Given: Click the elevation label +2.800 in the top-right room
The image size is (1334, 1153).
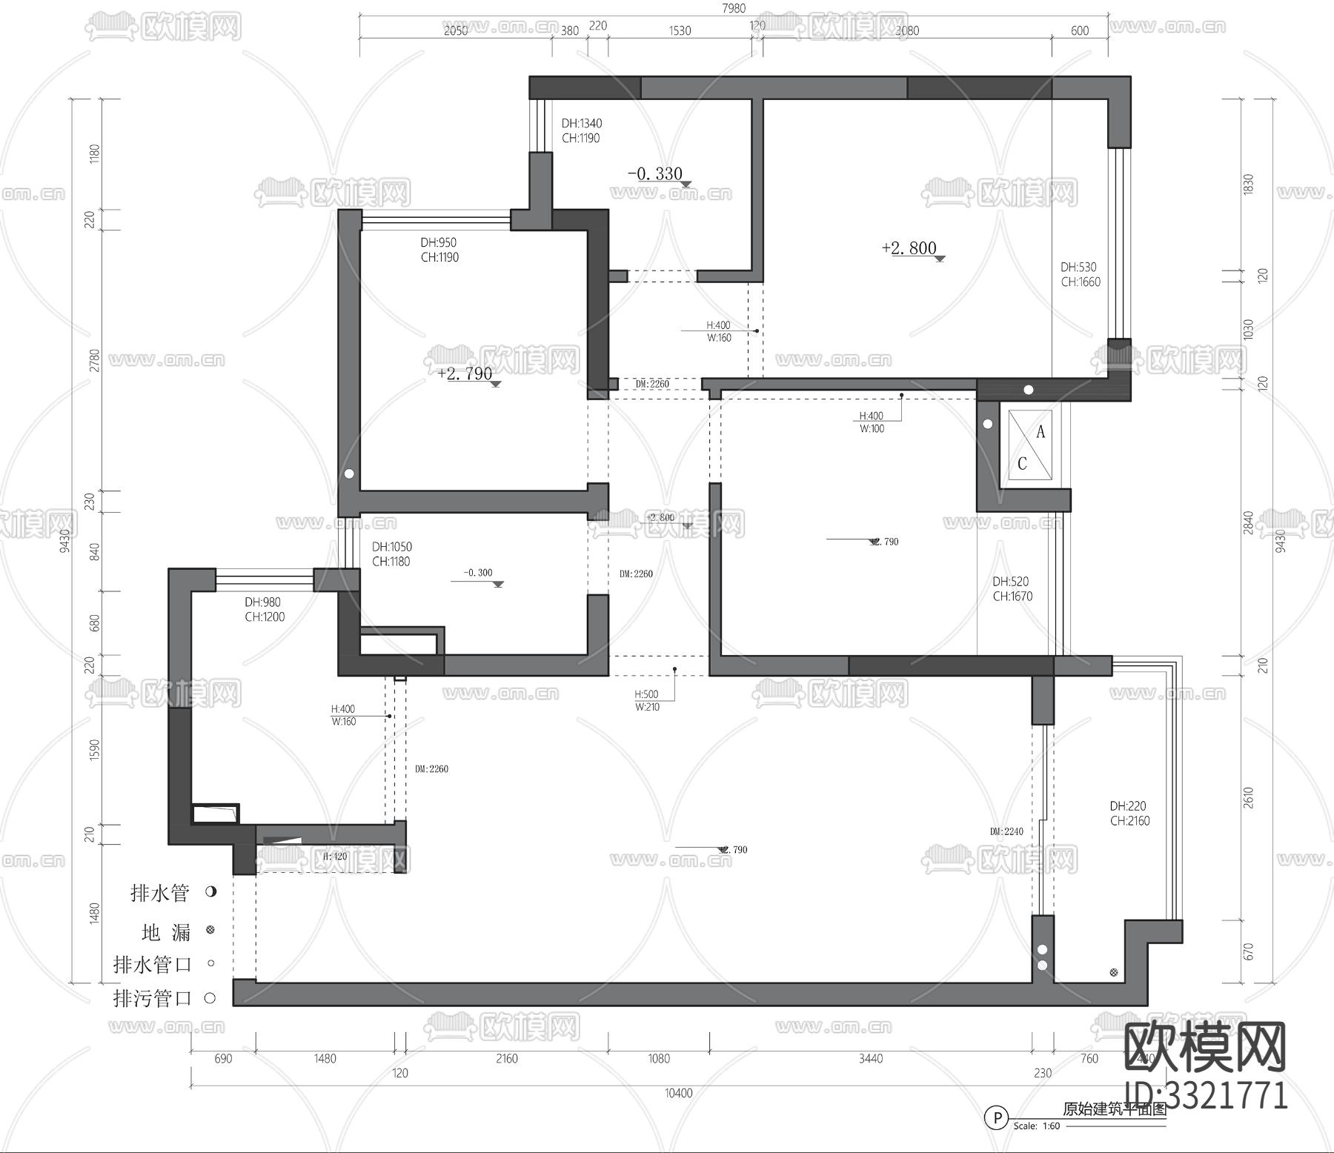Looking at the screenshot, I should click(x=909, y=248).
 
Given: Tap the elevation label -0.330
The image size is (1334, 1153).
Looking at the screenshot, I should click(x=655, y=174).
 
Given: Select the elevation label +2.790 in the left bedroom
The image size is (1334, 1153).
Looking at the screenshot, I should click(x=465, y=373).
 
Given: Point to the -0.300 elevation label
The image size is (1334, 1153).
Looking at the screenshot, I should click(x=478, y=573).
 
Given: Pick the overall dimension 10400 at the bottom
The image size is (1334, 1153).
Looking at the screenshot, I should click(x=679, y=1093).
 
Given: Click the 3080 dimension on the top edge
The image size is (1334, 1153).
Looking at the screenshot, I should click(x=907, y=30).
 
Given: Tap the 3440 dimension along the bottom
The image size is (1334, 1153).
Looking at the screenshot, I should click(x=871, y=1059).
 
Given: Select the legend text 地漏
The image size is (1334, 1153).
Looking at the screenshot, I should click(x=166, y=931).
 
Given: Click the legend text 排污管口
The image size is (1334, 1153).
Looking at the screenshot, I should click(x=153, y=998).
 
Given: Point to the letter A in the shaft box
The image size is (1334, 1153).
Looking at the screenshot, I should click(x=1041, y=432).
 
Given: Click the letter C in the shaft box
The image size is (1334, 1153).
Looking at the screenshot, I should click(x=1022, y=464).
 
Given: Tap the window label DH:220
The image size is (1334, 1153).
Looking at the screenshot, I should click(x=1128, y=806).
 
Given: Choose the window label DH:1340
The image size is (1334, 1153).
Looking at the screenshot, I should click(x=582, y=124).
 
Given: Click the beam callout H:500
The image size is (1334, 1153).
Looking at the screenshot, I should click(x=646, y=694).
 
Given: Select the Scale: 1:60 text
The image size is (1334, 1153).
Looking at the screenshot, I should click(x=1036, y=1126).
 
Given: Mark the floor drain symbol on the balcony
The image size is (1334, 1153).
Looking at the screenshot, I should click(x=1113, y=973).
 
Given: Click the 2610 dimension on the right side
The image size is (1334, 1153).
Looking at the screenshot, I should click(x=1249, y=798).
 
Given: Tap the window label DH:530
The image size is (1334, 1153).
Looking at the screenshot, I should click(x=1078, y=267).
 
